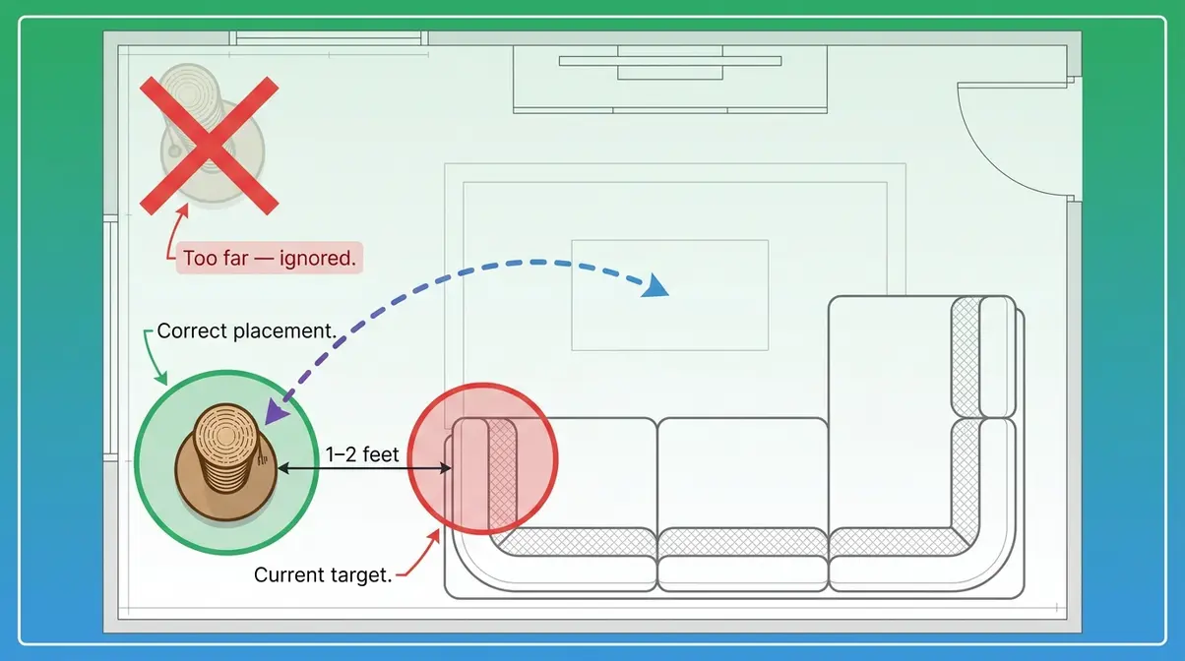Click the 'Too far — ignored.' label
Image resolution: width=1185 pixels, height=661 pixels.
(270, 258)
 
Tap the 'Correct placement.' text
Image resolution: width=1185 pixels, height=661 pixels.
(247, 331)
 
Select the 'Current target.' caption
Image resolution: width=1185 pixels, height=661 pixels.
(323, 574)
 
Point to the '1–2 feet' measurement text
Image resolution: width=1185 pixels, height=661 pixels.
(362, 454)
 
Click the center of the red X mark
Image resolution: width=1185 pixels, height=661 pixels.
(209, 146)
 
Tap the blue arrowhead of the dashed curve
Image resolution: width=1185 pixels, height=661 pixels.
(655, 285)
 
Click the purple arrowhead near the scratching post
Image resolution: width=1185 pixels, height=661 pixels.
(276, 411)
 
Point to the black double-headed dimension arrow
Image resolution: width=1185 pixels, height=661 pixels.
(364, 468)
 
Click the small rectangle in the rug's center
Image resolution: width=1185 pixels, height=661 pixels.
(669, 295)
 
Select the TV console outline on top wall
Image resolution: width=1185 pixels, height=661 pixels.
(669, 80)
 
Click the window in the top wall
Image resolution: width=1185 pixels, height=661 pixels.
(329, 38)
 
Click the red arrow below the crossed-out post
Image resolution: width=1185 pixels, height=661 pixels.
(175, 230)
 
